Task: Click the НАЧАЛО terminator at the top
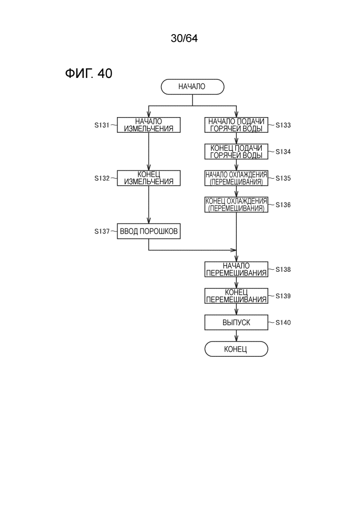point(192,87)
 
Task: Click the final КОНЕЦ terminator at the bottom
point(236,349)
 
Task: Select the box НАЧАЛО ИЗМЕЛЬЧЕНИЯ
point(149,125)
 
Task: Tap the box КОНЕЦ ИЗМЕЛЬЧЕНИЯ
point(149,178)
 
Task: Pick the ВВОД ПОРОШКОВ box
point(149,231)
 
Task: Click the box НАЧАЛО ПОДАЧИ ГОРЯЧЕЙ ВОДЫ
point(236,125)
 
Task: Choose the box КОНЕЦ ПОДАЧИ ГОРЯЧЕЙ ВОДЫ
point(236,152)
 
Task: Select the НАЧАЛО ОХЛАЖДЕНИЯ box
point(236,178)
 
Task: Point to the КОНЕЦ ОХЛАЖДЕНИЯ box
point(236,205)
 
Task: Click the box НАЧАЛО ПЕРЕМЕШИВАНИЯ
point(236,269)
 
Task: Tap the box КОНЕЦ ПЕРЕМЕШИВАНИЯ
point(236,296)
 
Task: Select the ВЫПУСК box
point(236,323)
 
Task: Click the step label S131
point(102,125)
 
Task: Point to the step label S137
point(102,231)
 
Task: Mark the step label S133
point(284,125)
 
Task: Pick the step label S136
point(284,205)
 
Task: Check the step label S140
point(284,323)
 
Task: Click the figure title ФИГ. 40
point(89,74)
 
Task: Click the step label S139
point(284,296)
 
